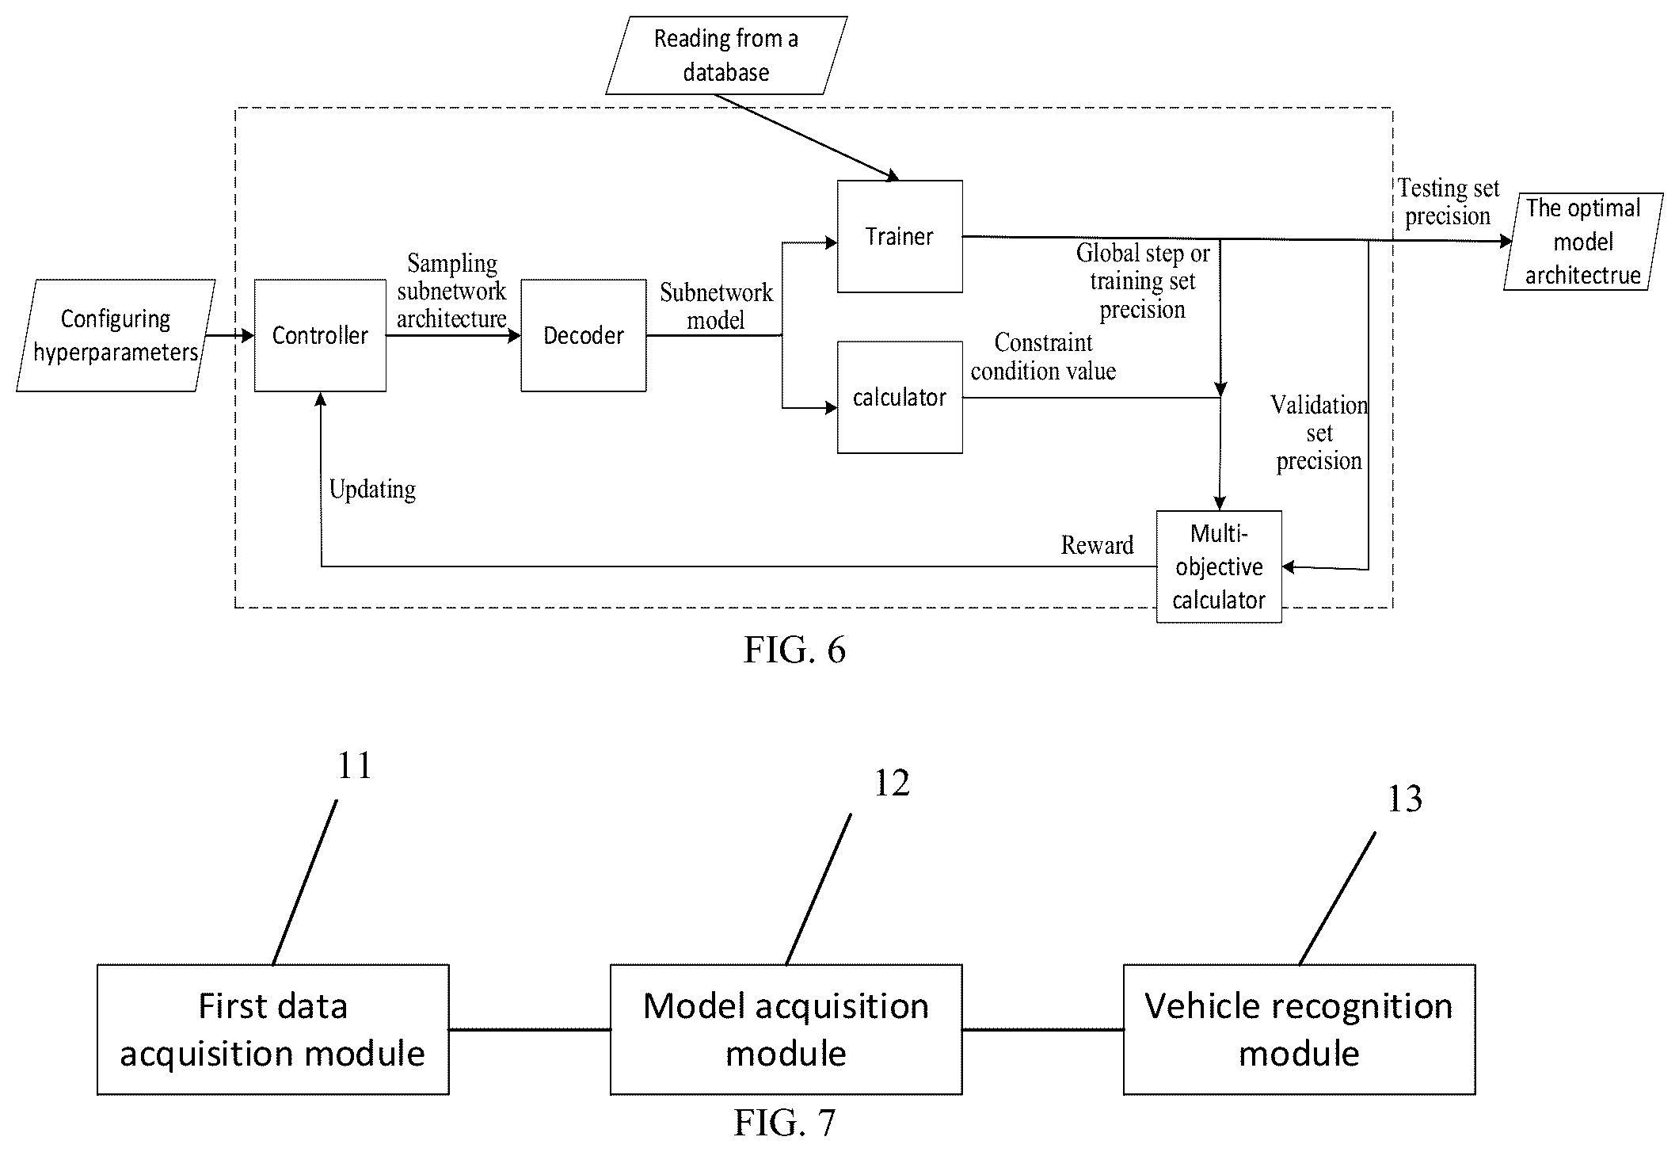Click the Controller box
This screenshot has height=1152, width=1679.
click(320, 335)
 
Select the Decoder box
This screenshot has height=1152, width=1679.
click(584, 335)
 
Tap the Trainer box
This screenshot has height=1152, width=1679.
click(900, 236)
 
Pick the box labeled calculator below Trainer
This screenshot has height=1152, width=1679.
click(900, 397)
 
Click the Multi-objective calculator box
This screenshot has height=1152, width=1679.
click(1219, 566)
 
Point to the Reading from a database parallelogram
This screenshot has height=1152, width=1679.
click(726, 55)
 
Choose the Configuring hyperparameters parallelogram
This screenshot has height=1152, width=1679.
click(116, 335)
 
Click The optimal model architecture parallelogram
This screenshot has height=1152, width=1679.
click(1583, 242)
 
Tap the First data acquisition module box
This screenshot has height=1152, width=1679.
click(273, 1029)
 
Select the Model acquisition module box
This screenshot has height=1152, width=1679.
click(786, 1029)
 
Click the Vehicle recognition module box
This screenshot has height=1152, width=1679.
click(1299, 1029)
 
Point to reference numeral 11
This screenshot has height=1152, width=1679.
click(355, 765)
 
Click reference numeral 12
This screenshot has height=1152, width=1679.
click(892, 783)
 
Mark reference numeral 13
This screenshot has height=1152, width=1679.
click(1405, 799)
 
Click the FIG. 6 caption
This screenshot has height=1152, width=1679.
click(794, 650)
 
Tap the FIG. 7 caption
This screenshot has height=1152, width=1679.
click(784, 1122)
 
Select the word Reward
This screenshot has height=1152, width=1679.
click(1097, 545)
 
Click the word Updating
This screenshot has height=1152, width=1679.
click(372, 490)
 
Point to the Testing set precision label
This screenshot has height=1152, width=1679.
click(1449, 202)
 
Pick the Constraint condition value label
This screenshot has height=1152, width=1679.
click(1043, 357)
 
